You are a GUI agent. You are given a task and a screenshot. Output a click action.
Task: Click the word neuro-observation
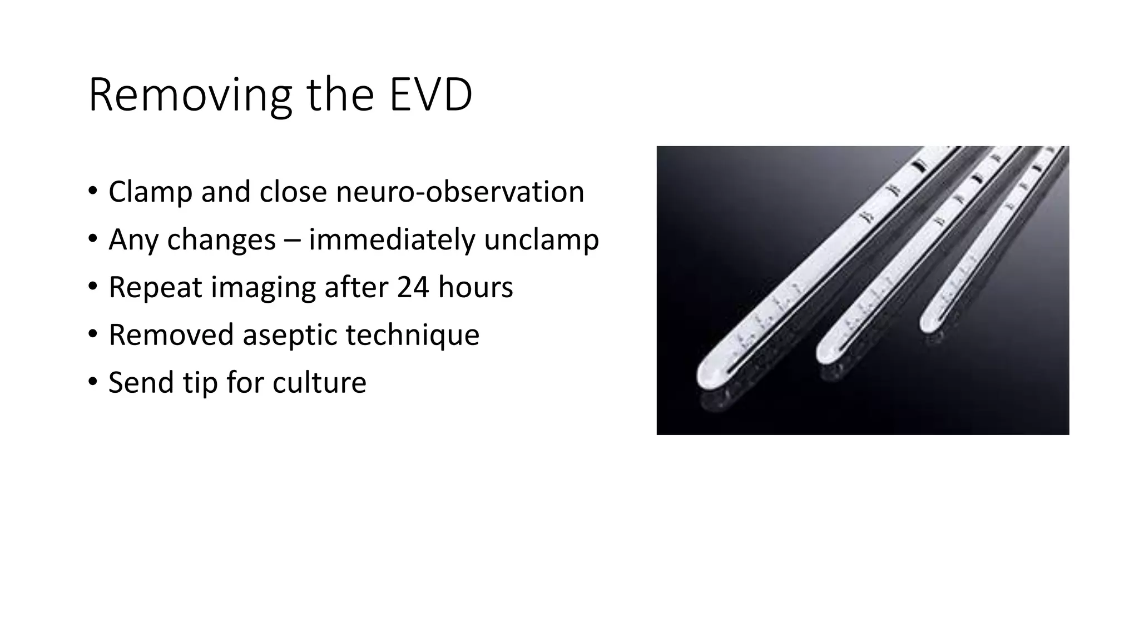pos(460,192)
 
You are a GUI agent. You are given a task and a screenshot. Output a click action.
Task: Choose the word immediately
pos(392,240)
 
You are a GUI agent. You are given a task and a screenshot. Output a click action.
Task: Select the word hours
pos(476,287)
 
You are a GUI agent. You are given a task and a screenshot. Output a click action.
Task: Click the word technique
pos(412,336)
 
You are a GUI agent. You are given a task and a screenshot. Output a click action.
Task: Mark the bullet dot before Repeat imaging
pos(92,287)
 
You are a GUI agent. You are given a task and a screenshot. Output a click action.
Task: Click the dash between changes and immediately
pos(292,241)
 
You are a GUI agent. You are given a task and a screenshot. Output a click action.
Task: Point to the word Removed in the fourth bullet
pos(171,335)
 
